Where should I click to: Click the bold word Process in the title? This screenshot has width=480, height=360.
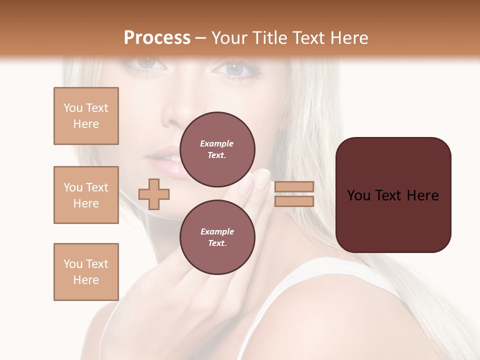(157, 38)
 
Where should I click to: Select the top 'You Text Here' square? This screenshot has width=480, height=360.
(86, 116)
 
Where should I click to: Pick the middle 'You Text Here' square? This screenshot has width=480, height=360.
(86, 195)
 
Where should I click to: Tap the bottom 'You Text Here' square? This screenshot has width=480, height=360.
(86, 272)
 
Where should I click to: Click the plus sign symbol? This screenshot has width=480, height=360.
(154, 194)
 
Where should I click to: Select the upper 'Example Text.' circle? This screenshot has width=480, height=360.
(217, 149)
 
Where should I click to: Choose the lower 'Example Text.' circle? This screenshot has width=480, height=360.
(217, 237)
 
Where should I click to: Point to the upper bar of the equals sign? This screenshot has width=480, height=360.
(294, 187)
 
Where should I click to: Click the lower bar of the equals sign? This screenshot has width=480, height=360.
(294, 201)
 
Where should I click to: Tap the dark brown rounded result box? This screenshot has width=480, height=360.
(393, 195)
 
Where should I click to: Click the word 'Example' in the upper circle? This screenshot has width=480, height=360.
(217, 143)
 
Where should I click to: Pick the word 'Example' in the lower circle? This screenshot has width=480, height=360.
(217, 231)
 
